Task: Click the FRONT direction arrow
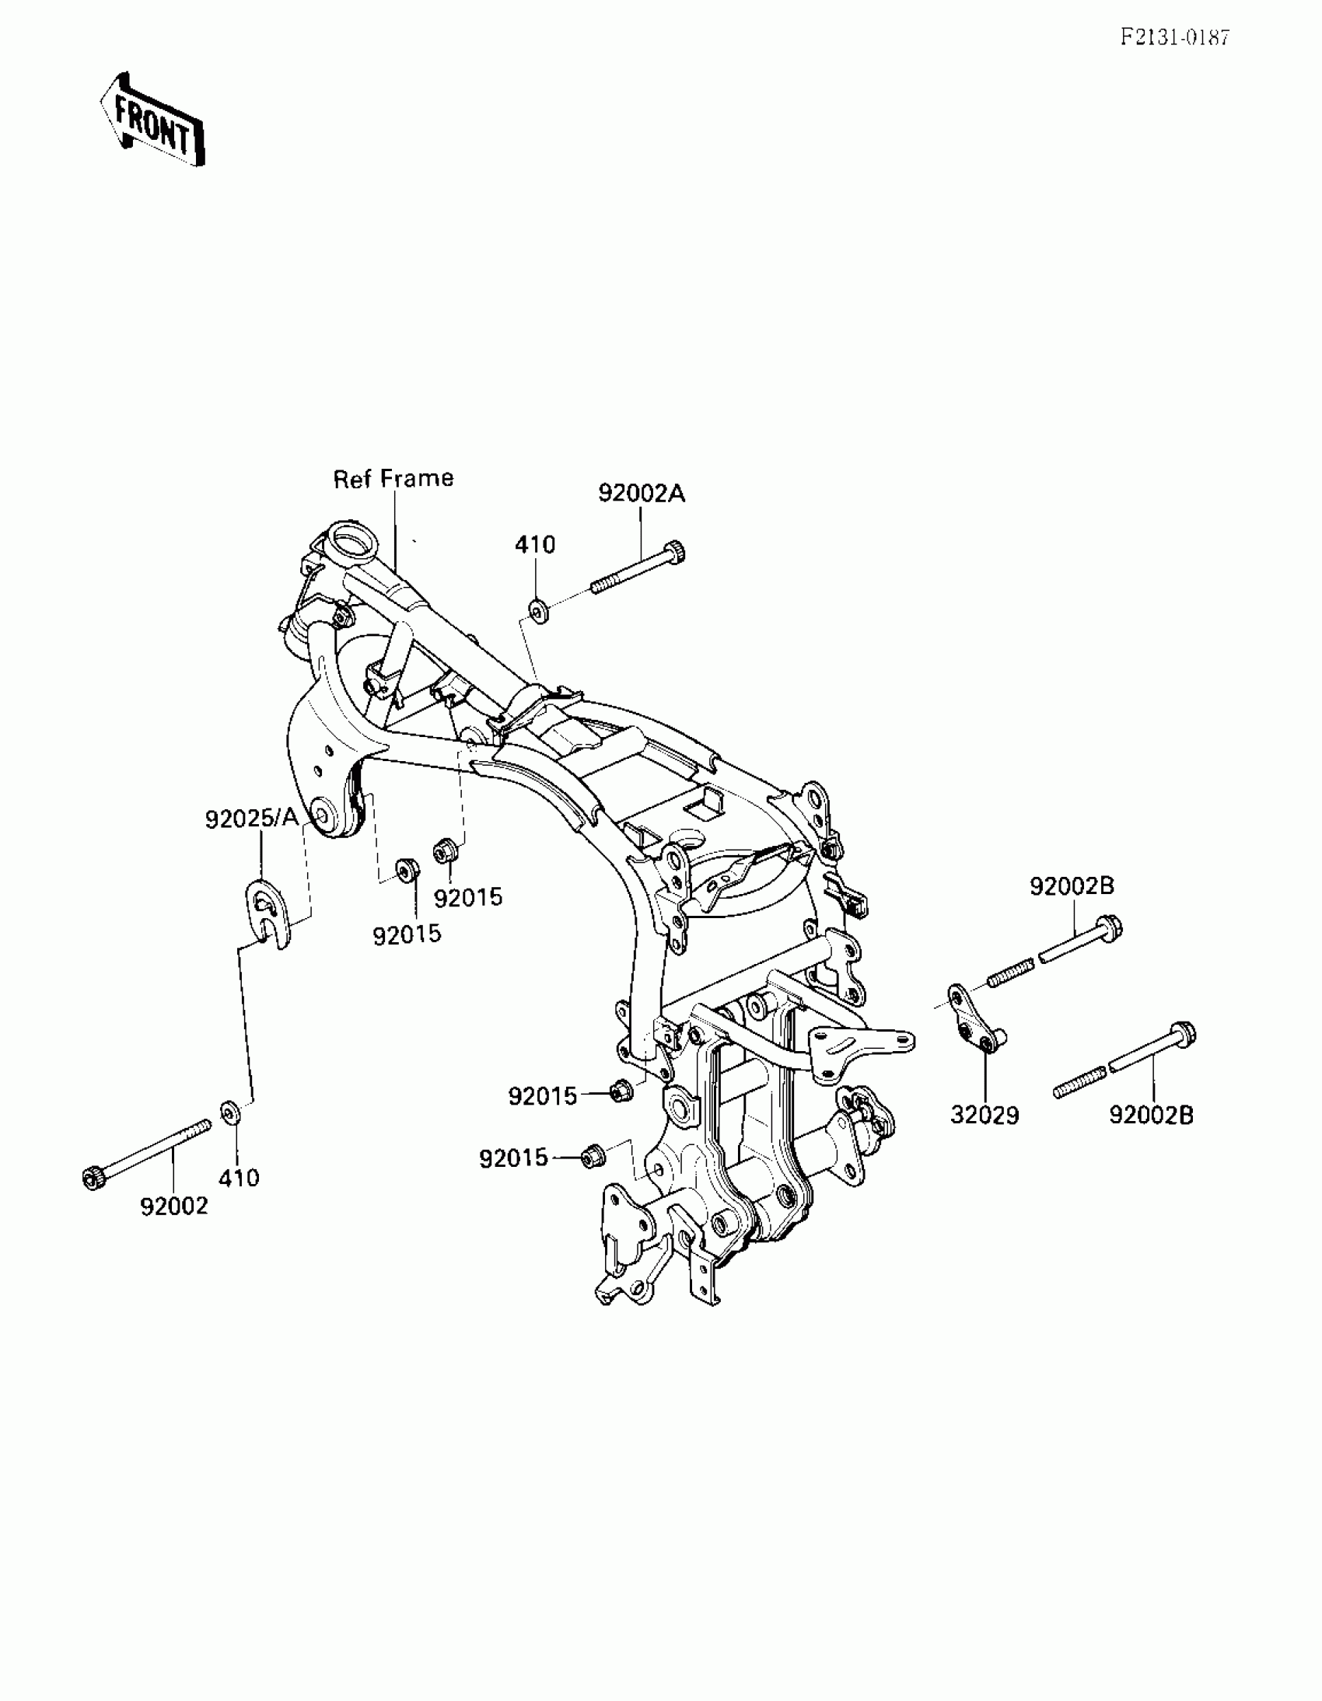[152, 121]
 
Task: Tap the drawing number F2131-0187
[1175, 37]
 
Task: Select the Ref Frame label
[393, 478]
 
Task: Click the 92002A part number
[641, 494]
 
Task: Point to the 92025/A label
[252, 819]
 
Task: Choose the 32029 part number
[985, 1116]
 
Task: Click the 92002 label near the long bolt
[174, 1207]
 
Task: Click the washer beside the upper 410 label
[538, 609]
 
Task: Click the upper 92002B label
[1072, 885]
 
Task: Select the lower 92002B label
[1151, 1116]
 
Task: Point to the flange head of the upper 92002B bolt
[1111, 927]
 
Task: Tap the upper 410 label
[535, 544]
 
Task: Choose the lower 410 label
[239, 1178]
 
